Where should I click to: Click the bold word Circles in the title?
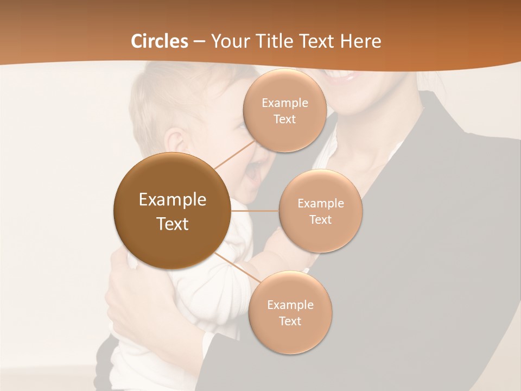[160, 41]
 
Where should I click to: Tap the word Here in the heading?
[360, 41]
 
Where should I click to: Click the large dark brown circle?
[172, 211]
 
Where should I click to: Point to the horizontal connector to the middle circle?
[255, 211]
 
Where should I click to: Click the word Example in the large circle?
[173, 200]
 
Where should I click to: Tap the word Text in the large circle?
[173, 224]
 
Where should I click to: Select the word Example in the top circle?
[285, 103]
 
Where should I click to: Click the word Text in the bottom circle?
[290, 321]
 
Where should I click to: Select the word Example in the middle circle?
[321, 204]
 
